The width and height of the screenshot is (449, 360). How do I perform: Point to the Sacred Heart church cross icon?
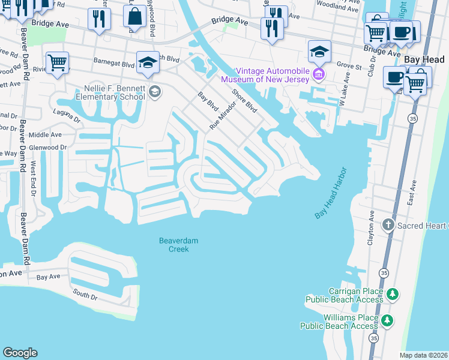tap(388, 226)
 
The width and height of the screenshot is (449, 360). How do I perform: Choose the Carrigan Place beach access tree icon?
tap(392, 294)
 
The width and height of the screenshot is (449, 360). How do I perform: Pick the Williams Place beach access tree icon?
tap(388, 320)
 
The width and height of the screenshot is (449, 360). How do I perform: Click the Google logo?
tap(20, 353)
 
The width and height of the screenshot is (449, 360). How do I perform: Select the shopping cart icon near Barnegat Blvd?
tap(58, 62)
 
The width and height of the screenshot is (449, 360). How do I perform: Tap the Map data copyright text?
tap(424, 355)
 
